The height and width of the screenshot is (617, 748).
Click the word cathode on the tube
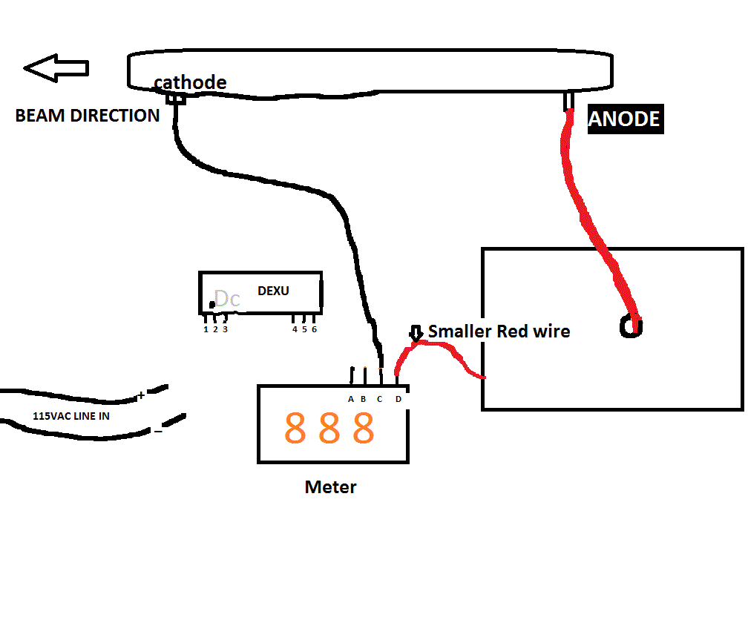click(190, 82)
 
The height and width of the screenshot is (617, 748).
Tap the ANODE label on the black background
click(625, 119)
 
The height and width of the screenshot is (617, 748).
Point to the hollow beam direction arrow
click(56, 68)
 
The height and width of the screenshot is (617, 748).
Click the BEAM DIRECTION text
click(88, 116)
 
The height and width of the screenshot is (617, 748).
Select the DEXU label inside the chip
click(273, 291)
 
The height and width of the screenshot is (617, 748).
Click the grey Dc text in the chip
click(226, 299)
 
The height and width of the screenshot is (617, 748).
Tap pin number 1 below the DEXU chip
click(206, 329)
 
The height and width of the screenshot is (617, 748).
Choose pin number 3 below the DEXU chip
click(225, 329)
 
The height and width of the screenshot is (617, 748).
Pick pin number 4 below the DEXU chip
click(295, 329)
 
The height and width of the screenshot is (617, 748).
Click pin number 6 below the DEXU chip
click(314, 329)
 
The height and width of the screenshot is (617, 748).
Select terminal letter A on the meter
click(351, 399)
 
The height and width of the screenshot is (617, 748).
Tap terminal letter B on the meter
click(364, 399)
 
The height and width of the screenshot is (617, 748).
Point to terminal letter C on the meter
click(379, 399)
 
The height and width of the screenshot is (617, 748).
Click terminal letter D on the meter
click(398, 399)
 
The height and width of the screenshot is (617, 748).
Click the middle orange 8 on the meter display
click(329, 428)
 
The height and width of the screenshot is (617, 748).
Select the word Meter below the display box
click(330, 487)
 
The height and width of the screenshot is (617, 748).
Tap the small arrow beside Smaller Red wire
click(416, 334)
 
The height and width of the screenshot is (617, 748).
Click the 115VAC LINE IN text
click(71, 416)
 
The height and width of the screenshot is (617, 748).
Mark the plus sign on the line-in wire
click(141, 396)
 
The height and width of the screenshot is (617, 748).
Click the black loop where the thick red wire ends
click(631, 327)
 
